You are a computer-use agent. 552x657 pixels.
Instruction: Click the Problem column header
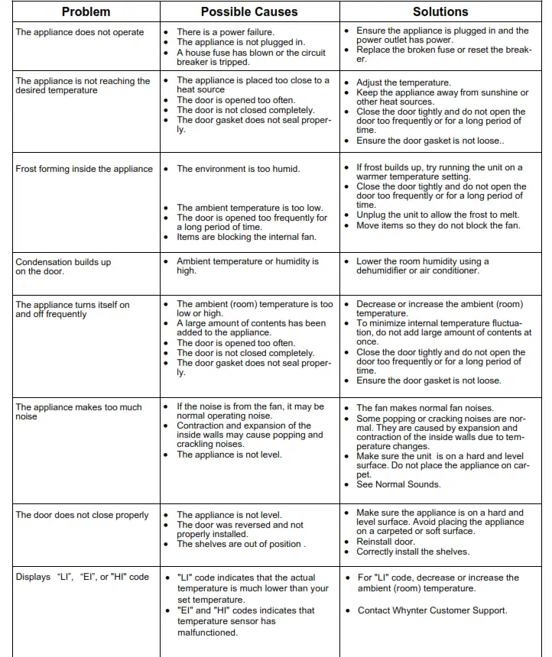tap(86, 11)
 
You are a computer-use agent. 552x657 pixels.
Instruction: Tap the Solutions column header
tap(440, 11)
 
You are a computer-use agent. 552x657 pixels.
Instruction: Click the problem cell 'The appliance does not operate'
tap(80, 33)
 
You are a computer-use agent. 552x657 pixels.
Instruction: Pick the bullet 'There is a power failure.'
tap(225, 33)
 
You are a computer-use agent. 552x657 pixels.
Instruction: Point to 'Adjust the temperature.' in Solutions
tap(403, 83)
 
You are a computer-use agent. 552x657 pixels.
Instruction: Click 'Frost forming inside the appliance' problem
tap(84, 169)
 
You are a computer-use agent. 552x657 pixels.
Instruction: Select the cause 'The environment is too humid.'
tap(238, 169)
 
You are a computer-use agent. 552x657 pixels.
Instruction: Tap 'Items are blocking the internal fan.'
tap(246, 237)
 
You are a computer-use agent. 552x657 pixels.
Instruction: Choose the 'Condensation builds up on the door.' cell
tap(63, 267)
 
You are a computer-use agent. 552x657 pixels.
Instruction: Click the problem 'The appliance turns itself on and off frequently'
tap(73, 309)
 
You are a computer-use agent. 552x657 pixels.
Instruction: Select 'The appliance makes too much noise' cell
tap(79, 412)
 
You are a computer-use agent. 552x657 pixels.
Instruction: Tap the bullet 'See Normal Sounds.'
tap(398, 484)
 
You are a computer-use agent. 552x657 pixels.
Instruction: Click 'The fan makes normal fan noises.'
tap(425, 408)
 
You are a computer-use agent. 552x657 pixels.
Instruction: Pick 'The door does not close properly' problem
tap(82, 515)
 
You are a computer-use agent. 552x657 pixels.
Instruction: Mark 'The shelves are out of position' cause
tap(240, 544)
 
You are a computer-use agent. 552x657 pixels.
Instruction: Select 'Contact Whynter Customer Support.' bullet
tap(431, 610)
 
